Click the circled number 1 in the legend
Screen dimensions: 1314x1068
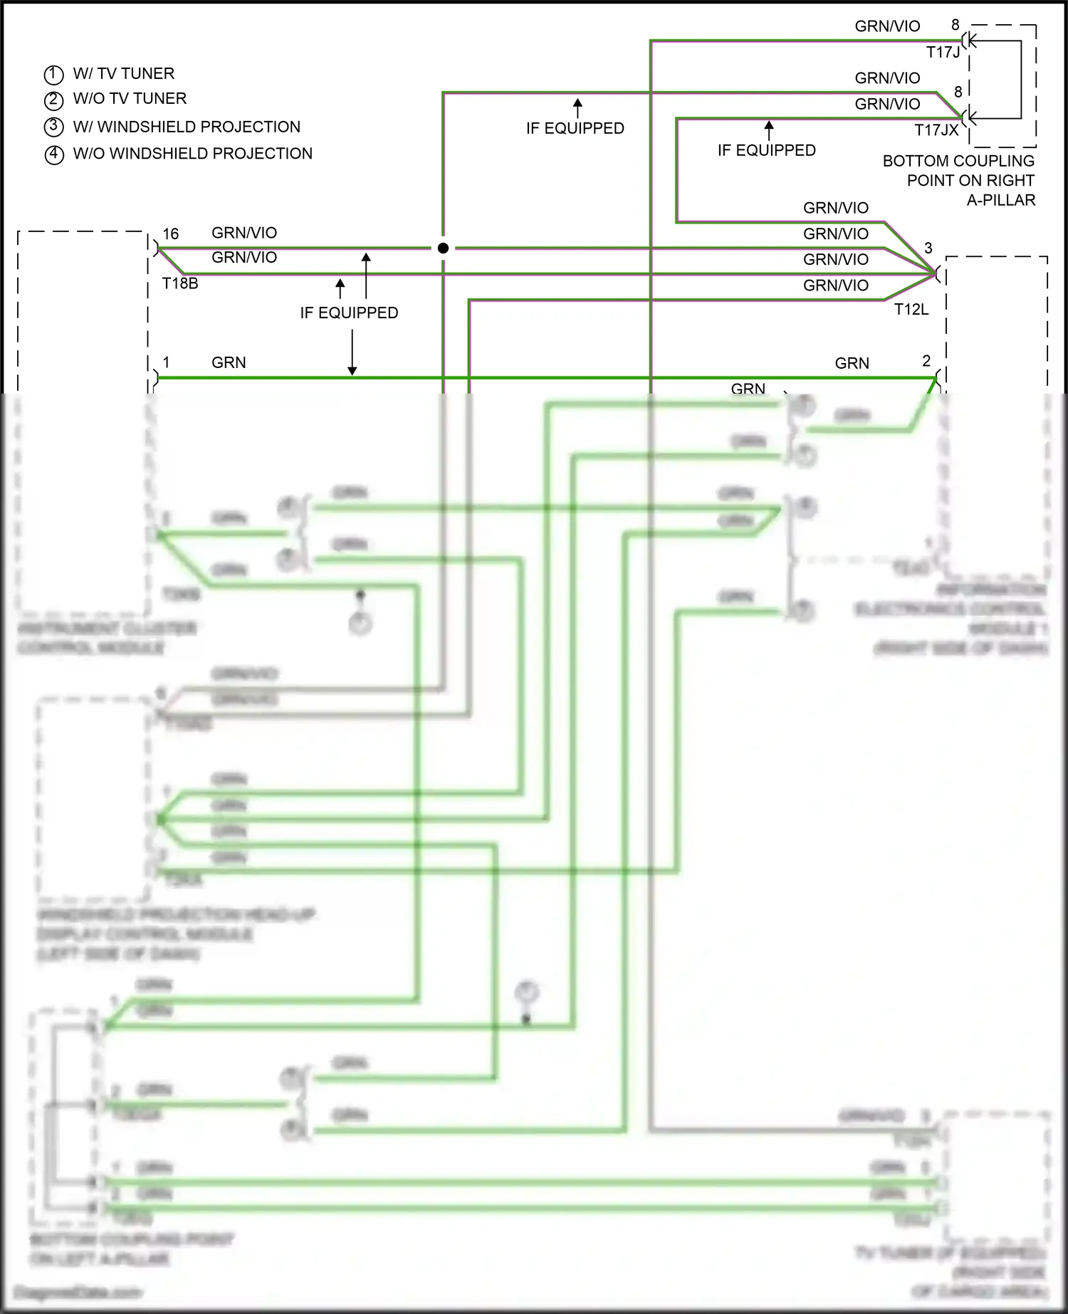point(53,75)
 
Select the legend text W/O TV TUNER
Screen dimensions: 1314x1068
point(130,98)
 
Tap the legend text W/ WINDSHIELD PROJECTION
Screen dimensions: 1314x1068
point(187,127)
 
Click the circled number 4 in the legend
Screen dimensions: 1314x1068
point(54,154)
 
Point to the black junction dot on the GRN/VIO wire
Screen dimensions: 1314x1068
point(443,248)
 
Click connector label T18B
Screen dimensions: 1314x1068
point(180,283)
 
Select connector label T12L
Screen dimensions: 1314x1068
point(911,309)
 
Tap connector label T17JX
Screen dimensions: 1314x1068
point(936,130)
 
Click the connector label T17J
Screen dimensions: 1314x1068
point(943,52)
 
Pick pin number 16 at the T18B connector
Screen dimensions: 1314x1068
point(171,233)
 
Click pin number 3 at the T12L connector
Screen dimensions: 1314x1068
point(928,248)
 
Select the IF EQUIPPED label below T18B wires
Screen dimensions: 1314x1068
point(349,312)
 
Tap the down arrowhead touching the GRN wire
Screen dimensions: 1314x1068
point(352,370)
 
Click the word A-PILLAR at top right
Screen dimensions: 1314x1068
point(1000,200)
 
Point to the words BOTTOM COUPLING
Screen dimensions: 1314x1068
point(958,161)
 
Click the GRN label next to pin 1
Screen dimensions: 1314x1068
point(229,362)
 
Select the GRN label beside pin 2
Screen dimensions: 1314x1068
point(852,363)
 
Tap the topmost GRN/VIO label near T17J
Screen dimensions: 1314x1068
point(887,26)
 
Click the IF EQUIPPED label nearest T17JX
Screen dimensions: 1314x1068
point(766,150)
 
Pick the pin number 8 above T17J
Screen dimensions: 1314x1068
point(956,25)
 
